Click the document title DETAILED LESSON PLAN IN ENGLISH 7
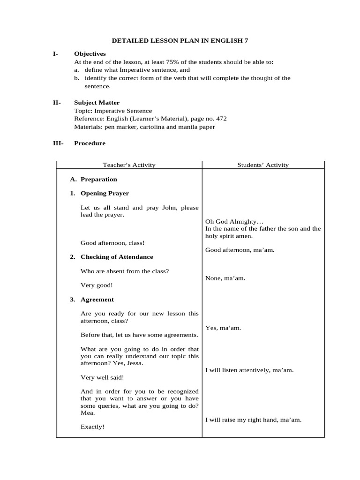click(180, 41)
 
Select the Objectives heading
click(90, 54)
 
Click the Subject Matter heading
click(97, 103)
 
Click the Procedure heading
click(90, 143)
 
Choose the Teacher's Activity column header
click(129, 165)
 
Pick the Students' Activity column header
click(263, 165)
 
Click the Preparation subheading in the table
click(98, 180)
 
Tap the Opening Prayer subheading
click(105, 194)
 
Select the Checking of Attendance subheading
click(117, 257)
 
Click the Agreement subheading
click(97, 300)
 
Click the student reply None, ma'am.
click(225, 278)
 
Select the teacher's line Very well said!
click(102, 377)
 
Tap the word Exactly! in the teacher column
click(92, 427)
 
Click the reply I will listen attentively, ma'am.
click(249, 370)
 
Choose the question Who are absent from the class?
click(125, 271)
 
